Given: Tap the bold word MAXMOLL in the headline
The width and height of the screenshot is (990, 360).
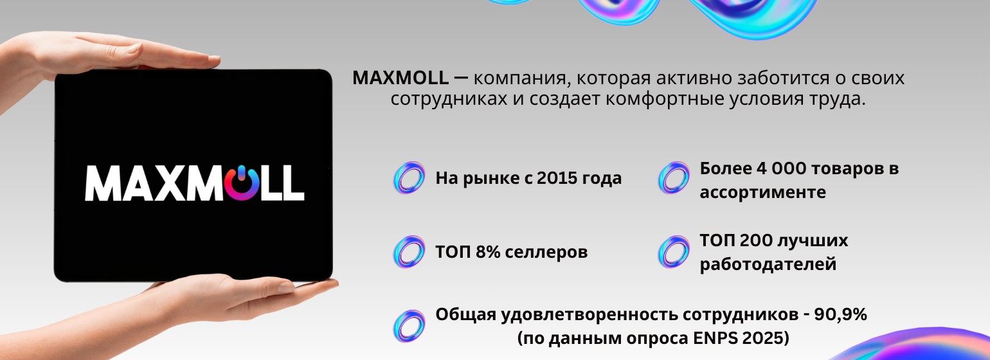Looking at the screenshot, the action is coord(401,78).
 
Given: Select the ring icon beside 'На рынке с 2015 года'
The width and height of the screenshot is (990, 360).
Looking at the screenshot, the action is coord(410,177).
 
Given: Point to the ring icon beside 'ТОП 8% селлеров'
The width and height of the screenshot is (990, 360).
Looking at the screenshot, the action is coord(410,252).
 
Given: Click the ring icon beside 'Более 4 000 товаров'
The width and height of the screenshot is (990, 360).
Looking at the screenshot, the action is coord(674,177).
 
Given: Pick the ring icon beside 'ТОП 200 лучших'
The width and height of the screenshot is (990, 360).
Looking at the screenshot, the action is coord(674,252).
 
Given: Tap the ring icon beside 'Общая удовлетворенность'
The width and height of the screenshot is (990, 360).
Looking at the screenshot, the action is coord(410,326).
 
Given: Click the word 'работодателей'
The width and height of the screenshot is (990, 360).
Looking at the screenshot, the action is coord(768,264).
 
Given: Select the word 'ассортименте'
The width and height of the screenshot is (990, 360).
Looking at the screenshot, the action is coord(763,193).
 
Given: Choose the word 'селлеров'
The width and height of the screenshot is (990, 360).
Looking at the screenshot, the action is coord(546,253).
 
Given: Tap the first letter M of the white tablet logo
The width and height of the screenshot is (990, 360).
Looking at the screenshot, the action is coord(103,183).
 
